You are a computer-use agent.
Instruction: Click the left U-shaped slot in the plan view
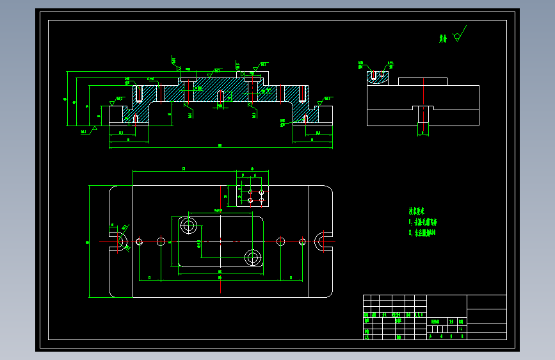119,241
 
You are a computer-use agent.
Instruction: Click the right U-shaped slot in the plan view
325,241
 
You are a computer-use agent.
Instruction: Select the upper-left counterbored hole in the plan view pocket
188,225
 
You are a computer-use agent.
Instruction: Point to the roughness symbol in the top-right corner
458,36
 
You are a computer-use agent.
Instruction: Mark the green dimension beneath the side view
422,133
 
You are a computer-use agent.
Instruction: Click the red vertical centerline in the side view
422,116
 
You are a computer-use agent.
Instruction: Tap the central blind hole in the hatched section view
221,98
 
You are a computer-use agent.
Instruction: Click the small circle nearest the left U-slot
139,241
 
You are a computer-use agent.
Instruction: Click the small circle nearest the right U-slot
302,241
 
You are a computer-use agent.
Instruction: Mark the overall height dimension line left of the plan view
90,241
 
